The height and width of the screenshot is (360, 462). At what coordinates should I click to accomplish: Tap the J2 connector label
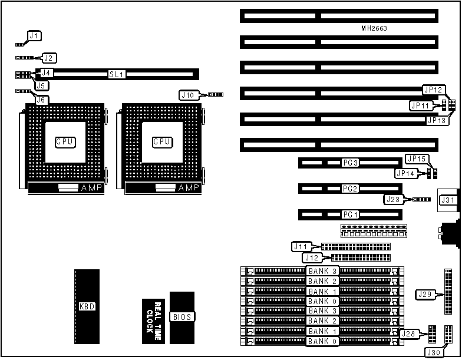point(49,58)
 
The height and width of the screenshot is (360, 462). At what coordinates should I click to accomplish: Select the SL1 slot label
point(115,74)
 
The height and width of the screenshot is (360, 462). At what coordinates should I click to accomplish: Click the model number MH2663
point(374,28)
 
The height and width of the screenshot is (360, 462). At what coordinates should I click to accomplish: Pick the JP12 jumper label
point(433,90)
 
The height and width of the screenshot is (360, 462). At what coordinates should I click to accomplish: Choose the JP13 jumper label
point(436,120)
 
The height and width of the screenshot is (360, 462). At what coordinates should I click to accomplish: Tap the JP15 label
point(417,158)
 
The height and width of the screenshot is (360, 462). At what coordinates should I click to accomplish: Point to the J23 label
point(394,199)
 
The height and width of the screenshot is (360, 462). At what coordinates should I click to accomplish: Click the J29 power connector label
point(425,294)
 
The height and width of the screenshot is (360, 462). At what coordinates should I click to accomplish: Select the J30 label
point(433,352)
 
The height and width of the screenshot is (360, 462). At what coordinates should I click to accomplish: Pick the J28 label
point(409,334)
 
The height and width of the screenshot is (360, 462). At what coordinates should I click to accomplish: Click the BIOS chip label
point(181,317)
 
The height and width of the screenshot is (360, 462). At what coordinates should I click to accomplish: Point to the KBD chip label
point(87,306)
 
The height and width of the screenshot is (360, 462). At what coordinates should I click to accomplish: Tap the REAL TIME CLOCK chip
point(154,321)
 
